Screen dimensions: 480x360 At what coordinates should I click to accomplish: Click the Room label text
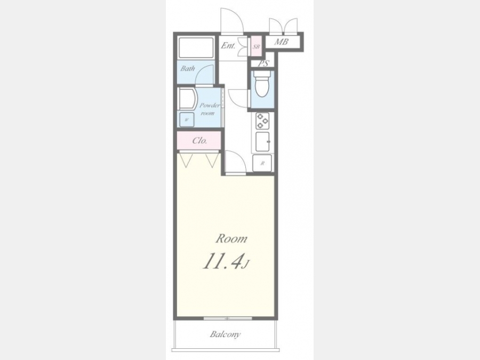click(231, 238)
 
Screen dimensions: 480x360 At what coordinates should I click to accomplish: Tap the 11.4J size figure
click(227, 261)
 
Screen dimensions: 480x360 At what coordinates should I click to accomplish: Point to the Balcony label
click(225, 334)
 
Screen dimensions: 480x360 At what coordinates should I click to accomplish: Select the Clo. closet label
click(200, 141)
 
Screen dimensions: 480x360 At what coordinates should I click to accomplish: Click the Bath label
click(188, 68)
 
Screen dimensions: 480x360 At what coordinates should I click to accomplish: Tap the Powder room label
click(210, 109)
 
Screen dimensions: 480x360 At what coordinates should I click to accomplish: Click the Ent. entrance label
click(228, 46)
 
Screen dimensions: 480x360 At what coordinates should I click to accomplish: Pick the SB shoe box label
click(256, 47)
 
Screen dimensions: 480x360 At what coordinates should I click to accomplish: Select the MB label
click(281, 42)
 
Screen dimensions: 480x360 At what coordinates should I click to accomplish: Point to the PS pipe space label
click(263, 63)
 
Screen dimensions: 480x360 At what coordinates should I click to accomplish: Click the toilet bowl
click(262, 84)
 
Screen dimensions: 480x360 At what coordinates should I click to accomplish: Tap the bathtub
click(196, 47)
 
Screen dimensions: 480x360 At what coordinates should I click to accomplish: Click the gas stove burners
click(262, 121)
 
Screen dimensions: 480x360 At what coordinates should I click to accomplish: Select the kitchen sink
click(262, 141)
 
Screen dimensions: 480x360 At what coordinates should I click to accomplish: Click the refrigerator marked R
click(262, 163)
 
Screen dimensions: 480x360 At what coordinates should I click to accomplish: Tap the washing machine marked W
click(186, 119)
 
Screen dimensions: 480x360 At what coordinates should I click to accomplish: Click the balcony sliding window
click(228, 319)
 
